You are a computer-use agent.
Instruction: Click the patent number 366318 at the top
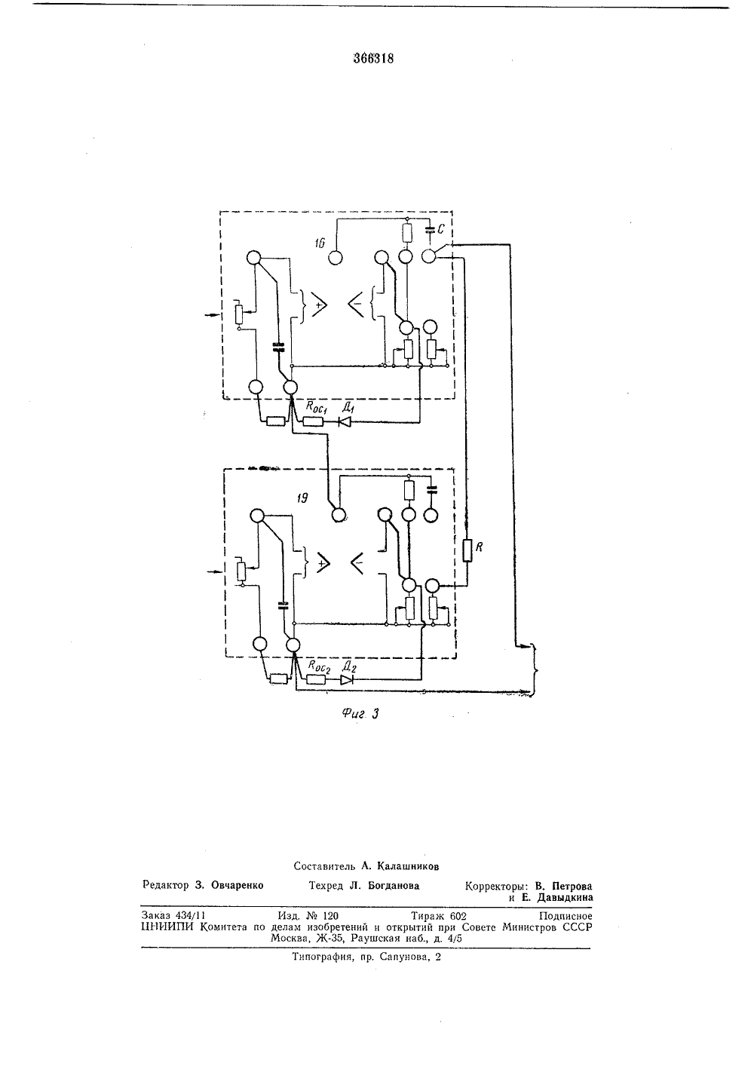pos(373,59)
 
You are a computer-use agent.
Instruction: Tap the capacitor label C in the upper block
pos(441,229)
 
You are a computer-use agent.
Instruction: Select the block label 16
pos(320,244)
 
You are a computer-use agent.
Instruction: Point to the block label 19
pos(302,498)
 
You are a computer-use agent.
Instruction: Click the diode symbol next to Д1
pos(344,421)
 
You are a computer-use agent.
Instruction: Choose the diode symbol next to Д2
pos(347,680)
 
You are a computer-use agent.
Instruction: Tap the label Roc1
pos(315,407)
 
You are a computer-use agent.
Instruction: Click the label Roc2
pos(319,666)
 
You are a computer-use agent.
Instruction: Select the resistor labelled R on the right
pos(467,550)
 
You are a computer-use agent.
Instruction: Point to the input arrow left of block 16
pos(211,315)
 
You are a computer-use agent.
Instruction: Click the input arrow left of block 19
pos(215,571)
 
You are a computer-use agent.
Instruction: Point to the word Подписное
pos(565,916)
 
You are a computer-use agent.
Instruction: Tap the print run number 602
pos(458,916)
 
